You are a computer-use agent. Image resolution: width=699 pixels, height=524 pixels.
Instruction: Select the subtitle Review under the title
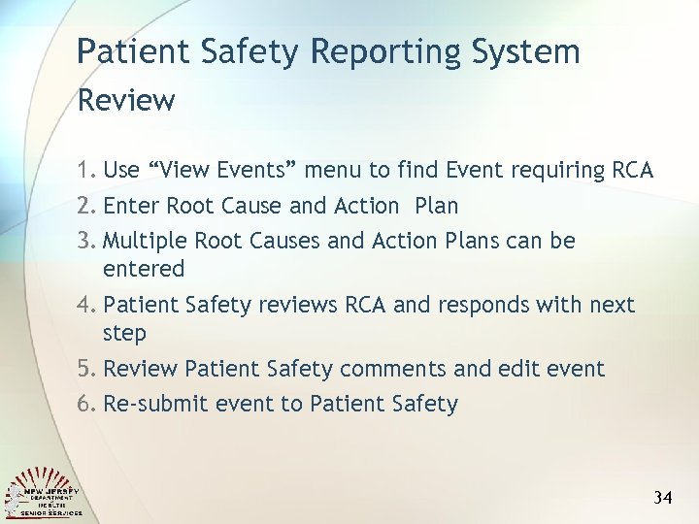[x=125, y=100]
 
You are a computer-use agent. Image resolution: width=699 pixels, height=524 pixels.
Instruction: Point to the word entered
[x=143, y=268]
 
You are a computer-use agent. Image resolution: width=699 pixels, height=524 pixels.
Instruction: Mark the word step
[x=124, y=334]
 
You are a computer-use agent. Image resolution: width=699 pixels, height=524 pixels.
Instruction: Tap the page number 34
[x=663, y=498]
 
